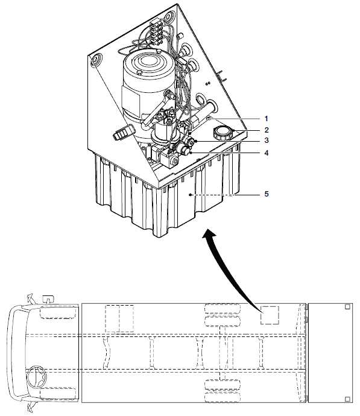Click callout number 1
[267, 119]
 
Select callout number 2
[267, 130]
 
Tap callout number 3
[267, 140]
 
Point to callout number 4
[267, 153]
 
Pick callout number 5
[267, 194]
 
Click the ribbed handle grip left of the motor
[123, 132]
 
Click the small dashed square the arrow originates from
[270, 315]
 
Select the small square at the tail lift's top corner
[347, 307]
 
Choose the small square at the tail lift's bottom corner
[347, 399]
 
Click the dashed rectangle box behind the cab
[119, 318]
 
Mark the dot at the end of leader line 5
[190, 195]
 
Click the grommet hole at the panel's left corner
[96, 60]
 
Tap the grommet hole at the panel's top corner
[168, 17]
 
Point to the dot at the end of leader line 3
[196, 142]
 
